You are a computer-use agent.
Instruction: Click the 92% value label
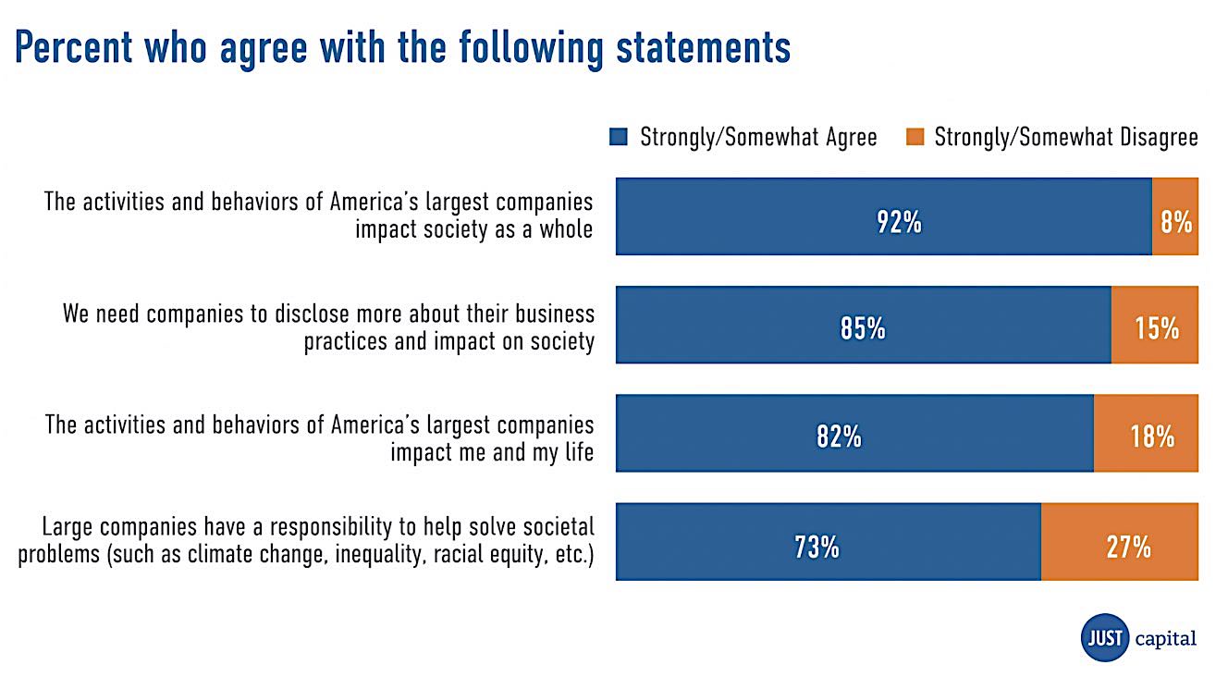(899, 222)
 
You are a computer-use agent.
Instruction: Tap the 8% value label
(1176, 222)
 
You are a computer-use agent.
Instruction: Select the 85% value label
(863, 328)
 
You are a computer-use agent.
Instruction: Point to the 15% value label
(1157, 328)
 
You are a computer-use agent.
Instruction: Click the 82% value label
(839, 437)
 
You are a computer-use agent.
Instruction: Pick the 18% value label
(1151, 437)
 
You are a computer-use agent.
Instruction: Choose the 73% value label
(817, 547)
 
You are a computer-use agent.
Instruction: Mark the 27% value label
(1128, 547)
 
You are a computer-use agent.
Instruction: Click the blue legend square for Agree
(619, 138)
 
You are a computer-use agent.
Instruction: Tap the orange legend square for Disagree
(915, 138)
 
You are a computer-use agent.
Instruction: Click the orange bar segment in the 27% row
(1119, 566)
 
